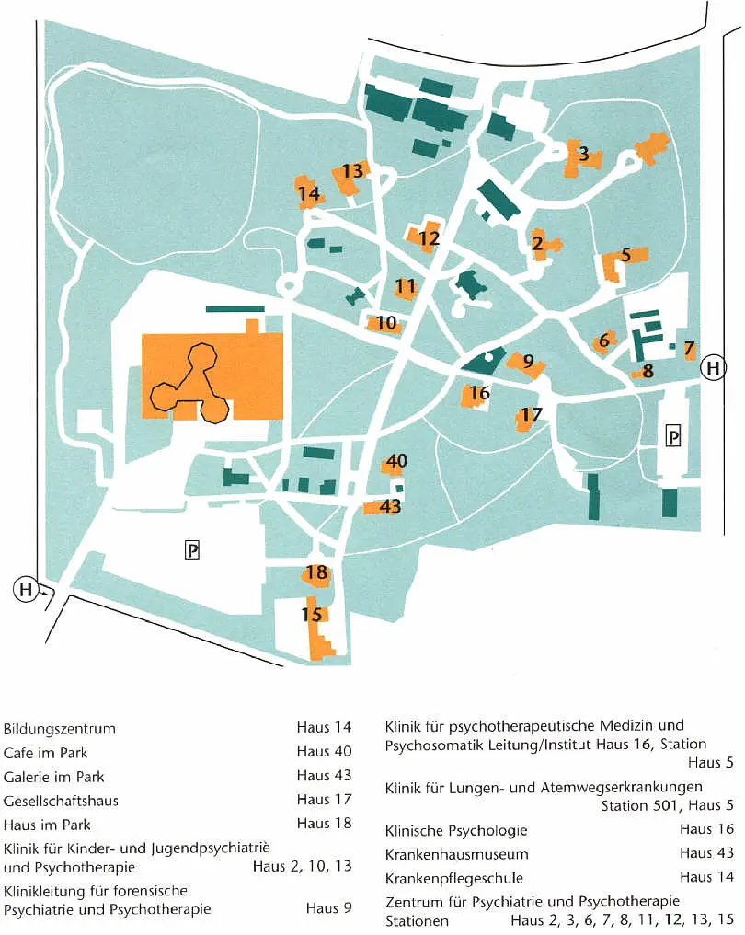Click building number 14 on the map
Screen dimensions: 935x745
pos(309,194)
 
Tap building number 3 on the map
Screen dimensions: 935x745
pos(583,155)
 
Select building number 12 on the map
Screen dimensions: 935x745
pos(428,238)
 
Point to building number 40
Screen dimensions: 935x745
pos(396,461)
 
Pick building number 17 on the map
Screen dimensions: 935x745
pos(531,415)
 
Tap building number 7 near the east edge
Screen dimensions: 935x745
pos(690,348)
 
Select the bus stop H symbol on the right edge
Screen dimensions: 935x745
pos(713,368)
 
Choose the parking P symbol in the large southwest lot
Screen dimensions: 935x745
pos(192,550)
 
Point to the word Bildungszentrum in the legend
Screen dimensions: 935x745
pos(60,730)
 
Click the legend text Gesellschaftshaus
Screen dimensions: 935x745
pos(61,801)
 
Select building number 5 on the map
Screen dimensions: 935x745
pos(625,256)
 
